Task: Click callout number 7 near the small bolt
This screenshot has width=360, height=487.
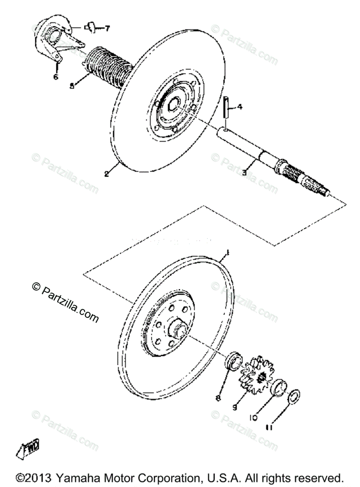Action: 107,28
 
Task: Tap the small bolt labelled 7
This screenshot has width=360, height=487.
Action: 91,28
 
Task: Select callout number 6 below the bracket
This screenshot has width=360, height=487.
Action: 56,76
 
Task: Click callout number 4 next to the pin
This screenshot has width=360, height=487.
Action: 240,108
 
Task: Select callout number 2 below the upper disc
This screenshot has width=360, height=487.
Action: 106,174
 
